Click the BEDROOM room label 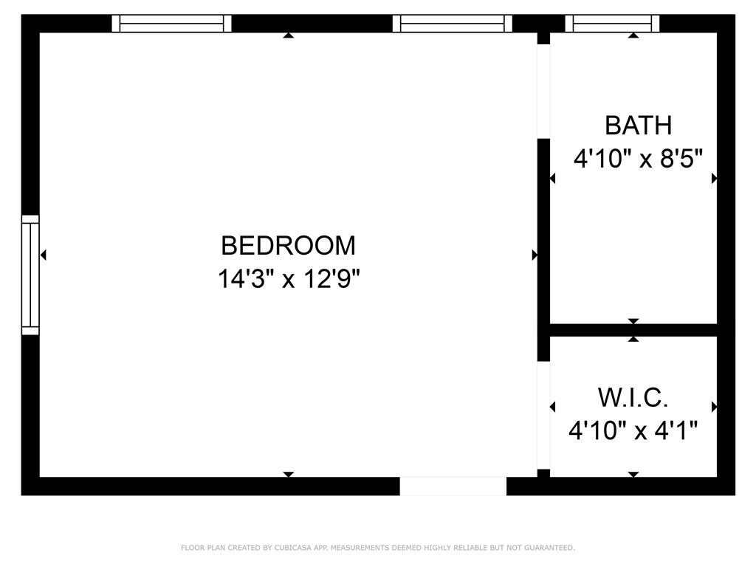(x=289, y=245)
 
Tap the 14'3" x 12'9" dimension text (x=289, y=278)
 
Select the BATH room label (x=639, y=126)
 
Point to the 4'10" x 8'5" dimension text (x=638, y=158)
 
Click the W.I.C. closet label (x=633, y=398)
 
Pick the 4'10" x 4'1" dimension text (x=633, y=430)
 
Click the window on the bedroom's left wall (x=30, y=275)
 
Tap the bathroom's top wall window (x=612, y=23)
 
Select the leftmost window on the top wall (x=171, y=23)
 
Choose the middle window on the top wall (x=453, y=23)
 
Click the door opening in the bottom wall (x=453, y=486)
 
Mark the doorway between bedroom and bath (x=543, y=92)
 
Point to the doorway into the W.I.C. (x=543, y=415)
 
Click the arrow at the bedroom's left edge (x=44, y=255)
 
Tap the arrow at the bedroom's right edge (x=535, y=255)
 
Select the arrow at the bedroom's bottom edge (x=289, y=475)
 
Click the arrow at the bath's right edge (x=714, y=179)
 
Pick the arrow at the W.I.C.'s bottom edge (x=633, y=475)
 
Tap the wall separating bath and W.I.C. (x=633, y=330)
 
